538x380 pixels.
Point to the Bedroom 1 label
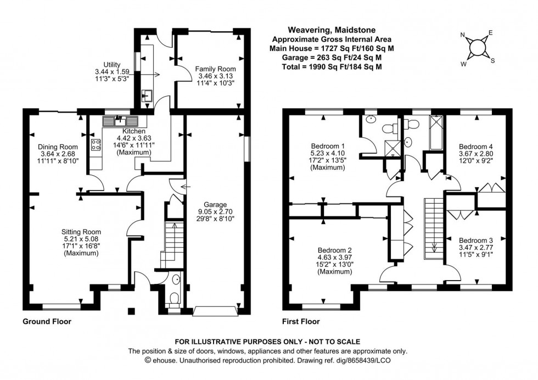[x=326, y=146]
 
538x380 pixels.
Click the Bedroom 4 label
[x=476, y=147]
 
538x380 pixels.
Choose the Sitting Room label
[x=81, y=231]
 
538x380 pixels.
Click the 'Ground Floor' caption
[x=47, y=322]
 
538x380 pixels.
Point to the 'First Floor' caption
[x=301, y=322]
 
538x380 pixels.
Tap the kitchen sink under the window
[x=119, y=120]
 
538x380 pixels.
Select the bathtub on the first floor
[x=436, y=133]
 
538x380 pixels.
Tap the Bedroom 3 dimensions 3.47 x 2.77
[x=476, y=248]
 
